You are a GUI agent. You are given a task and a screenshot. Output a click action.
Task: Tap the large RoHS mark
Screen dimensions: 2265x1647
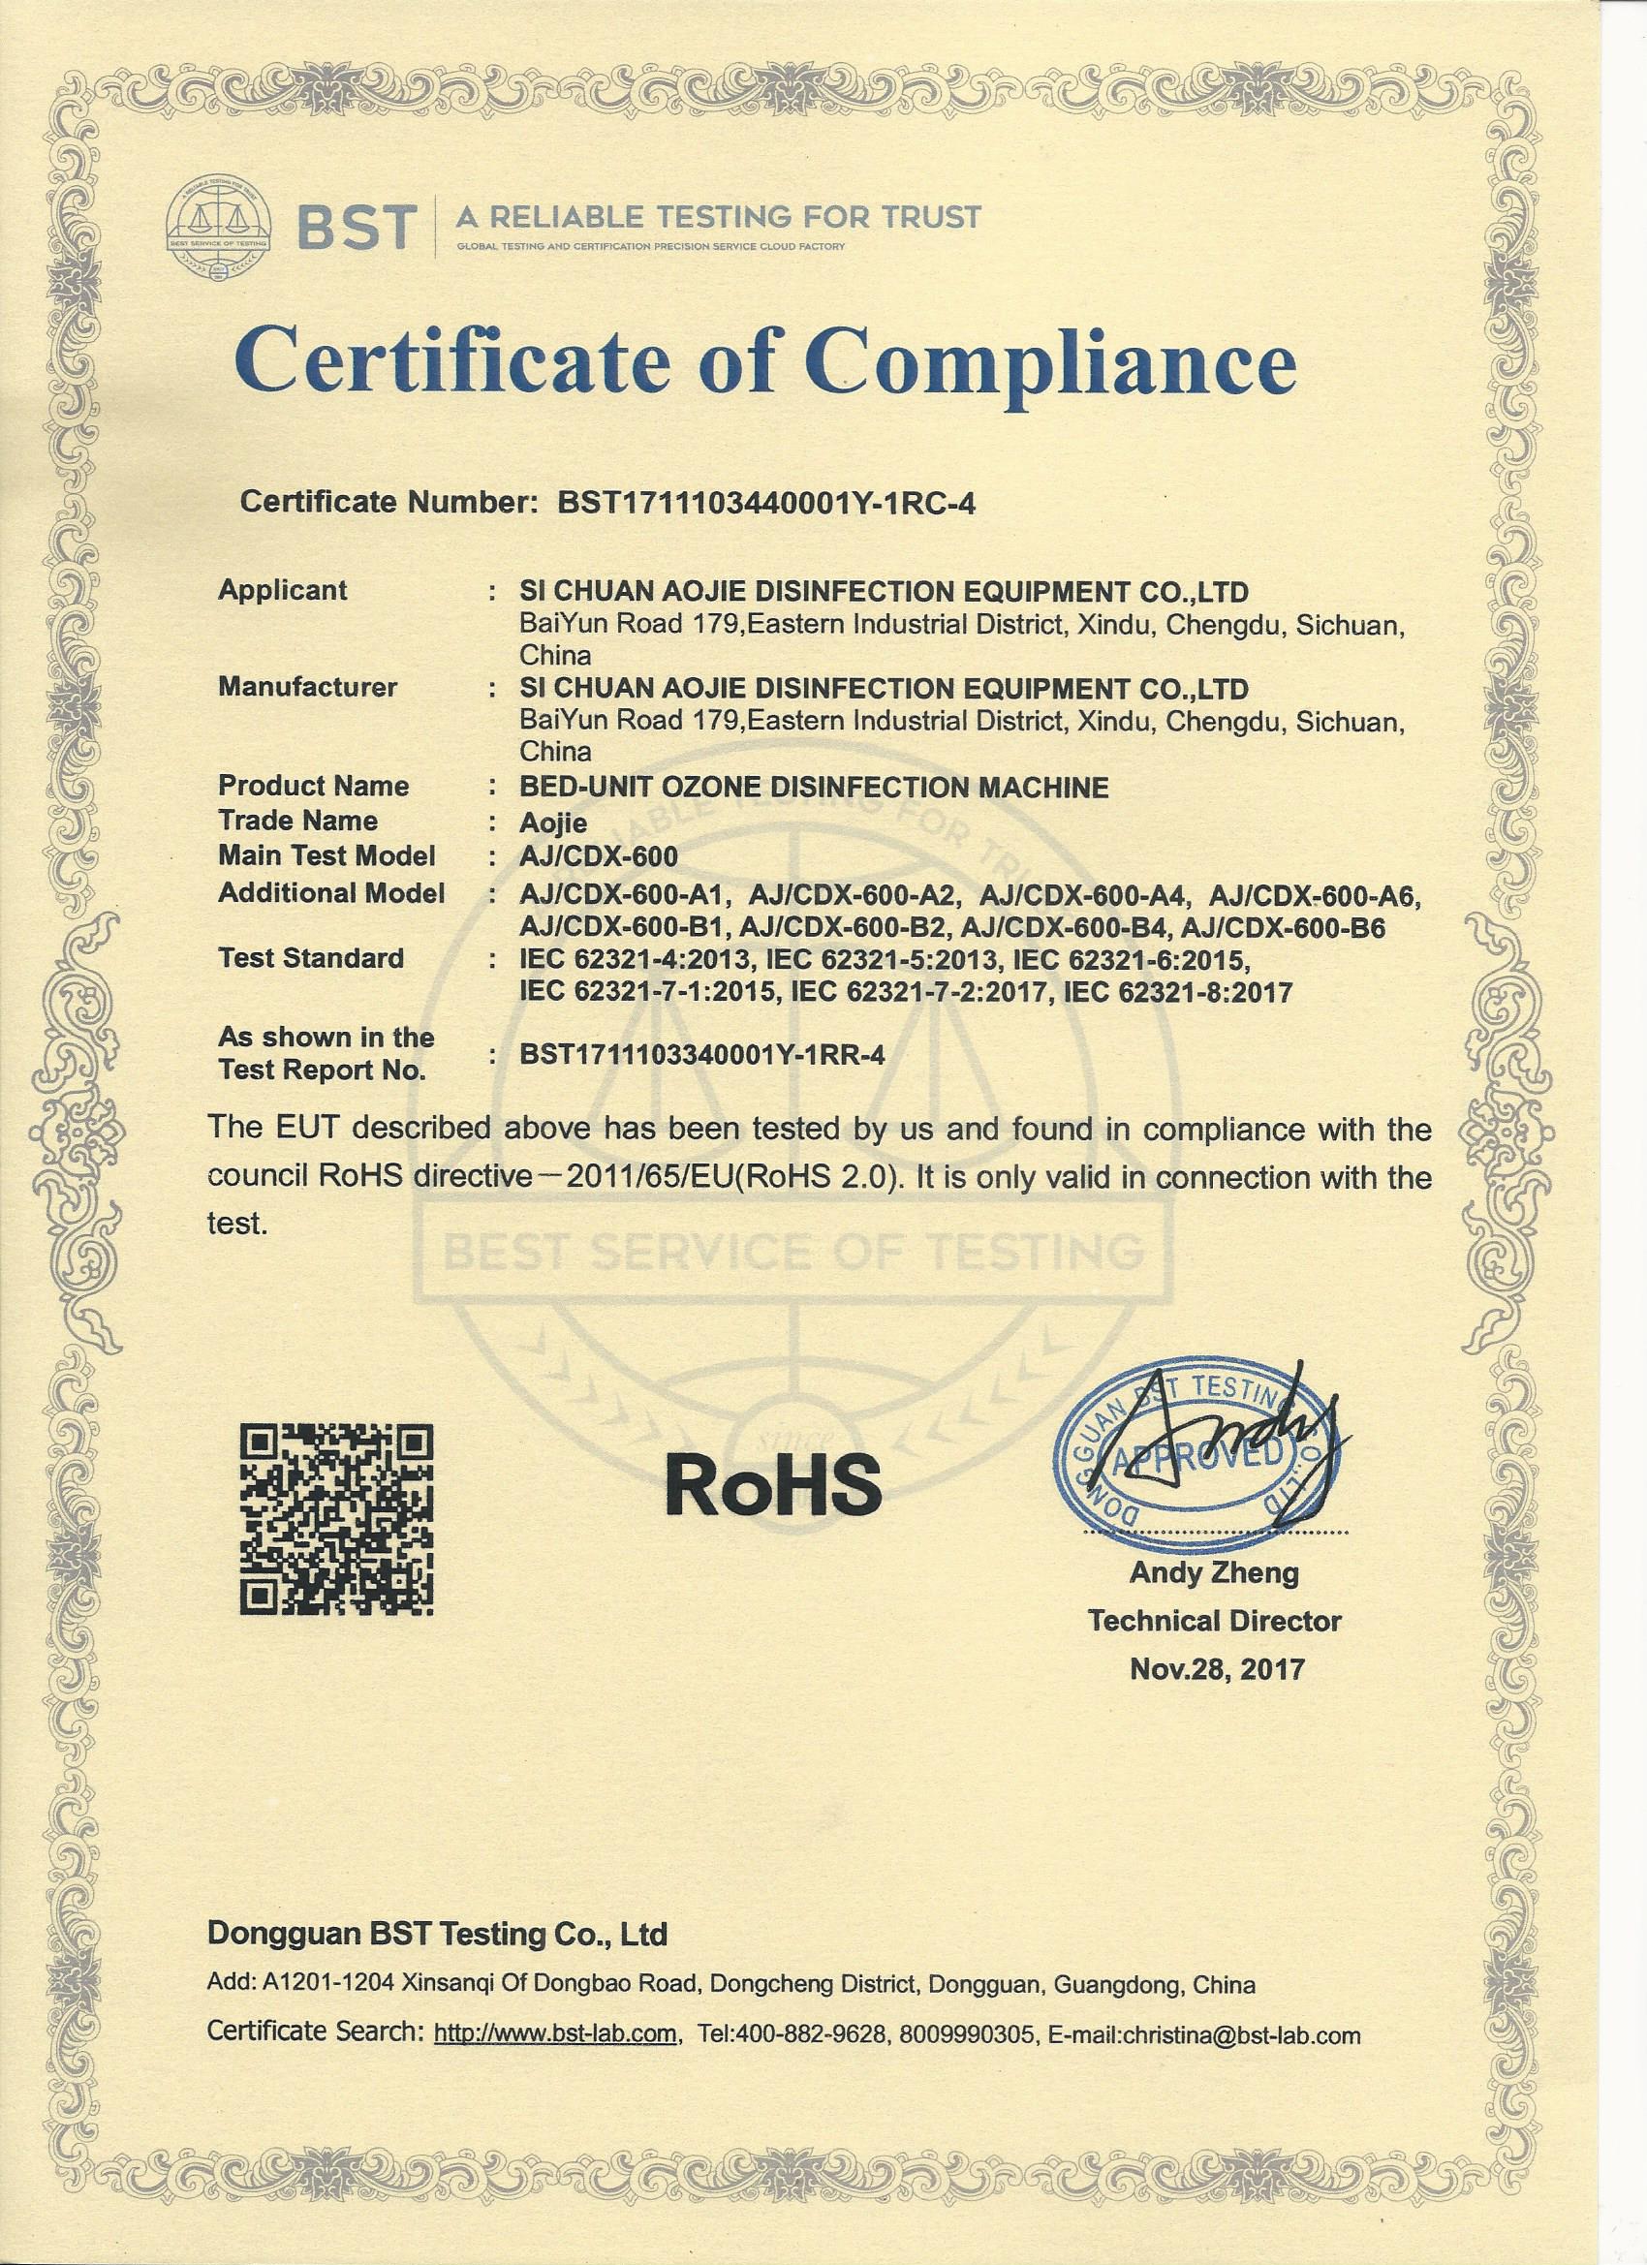tap(774, 1483)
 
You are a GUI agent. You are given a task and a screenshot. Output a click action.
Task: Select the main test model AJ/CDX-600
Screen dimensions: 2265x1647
tap(600, 855)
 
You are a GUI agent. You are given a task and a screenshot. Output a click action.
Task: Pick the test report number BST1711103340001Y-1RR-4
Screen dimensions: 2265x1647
tap(702, 1055)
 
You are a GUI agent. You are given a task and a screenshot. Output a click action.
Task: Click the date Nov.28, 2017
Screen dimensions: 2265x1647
tap(1217, 1669)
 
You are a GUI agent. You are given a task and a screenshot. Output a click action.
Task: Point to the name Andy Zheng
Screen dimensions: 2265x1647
tap(1214, 1574)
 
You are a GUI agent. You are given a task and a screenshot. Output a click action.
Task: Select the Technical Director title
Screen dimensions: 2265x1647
tap(1215, 1621)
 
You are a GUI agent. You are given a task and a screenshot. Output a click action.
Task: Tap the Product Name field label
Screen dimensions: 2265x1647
tap(314, 786)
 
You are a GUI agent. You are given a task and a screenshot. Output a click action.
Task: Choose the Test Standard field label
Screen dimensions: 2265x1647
tap(311, 959)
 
